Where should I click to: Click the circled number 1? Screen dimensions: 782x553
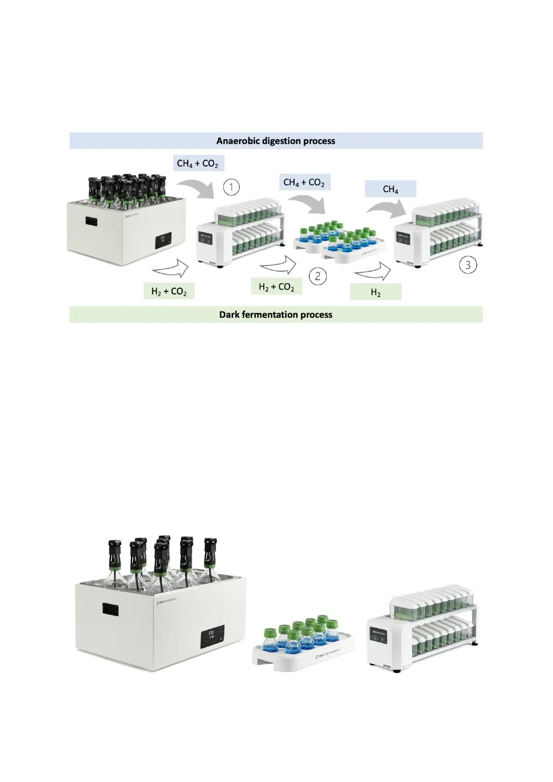(x=231, y=187)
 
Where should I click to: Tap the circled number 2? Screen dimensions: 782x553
(x=318, y=276)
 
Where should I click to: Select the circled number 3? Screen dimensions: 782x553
(x=468, y=265)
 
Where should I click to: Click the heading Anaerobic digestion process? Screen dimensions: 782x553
(x=276, y=141)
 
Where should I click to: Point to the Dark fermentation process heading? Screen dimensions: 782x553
(x=276, y=314)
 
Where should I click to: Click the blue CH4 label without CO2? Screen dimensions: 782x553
(x=390, y=189)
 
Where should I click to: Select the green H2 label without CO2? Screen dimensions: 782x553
(x=376, y=293)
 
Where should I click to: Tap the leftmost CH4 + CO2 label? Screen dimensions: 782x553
(x=197, y=163)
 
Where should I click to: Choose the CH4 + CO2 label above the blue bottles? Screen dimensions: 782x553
(x=304, y=182)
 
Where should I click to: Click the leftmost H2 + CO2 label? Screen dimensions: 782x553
(x=169, y=291)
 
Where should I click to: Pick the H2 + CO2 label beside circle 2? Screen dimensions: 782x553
(x=276, y=287)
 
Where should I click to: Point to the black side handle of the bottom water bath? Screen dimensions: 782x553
(x=111, y=609)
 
